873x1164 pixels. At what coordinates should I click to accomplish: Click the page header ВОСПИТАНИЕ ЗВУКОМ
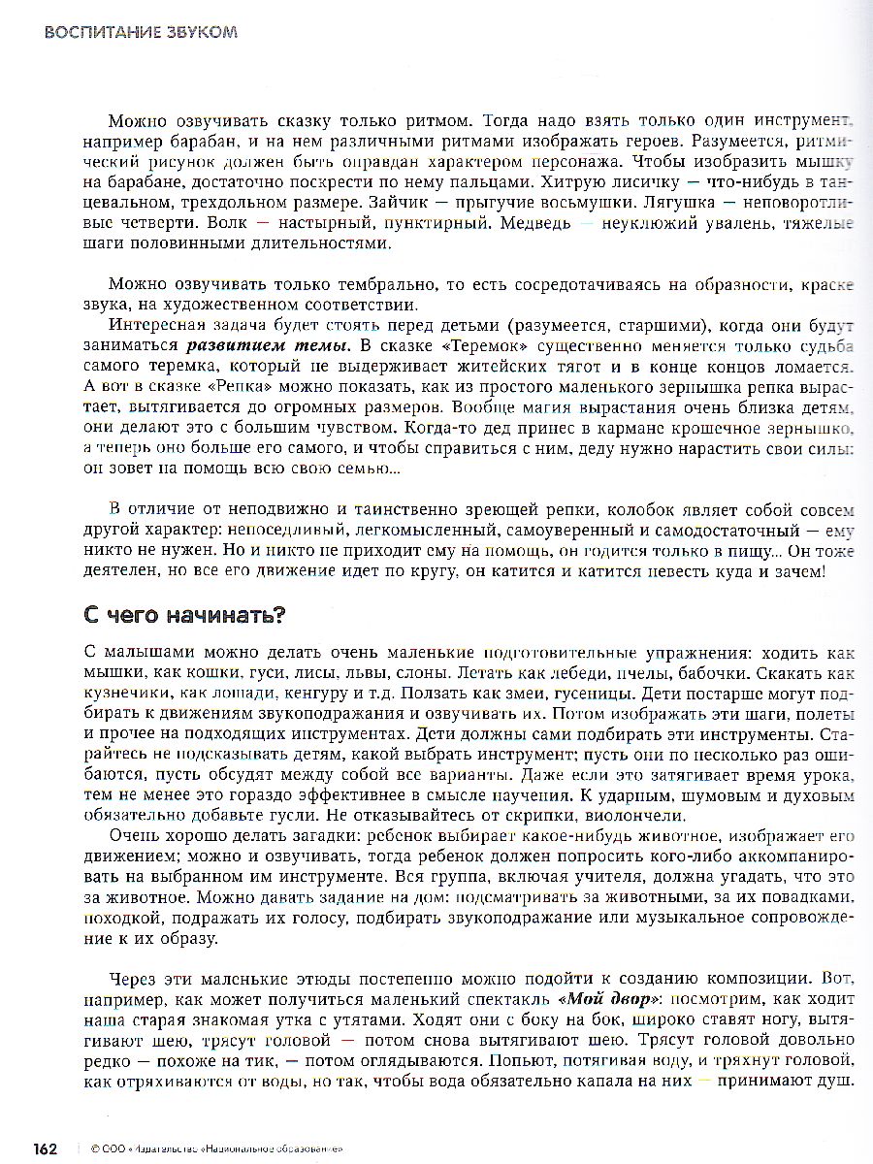coord(141,32)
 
